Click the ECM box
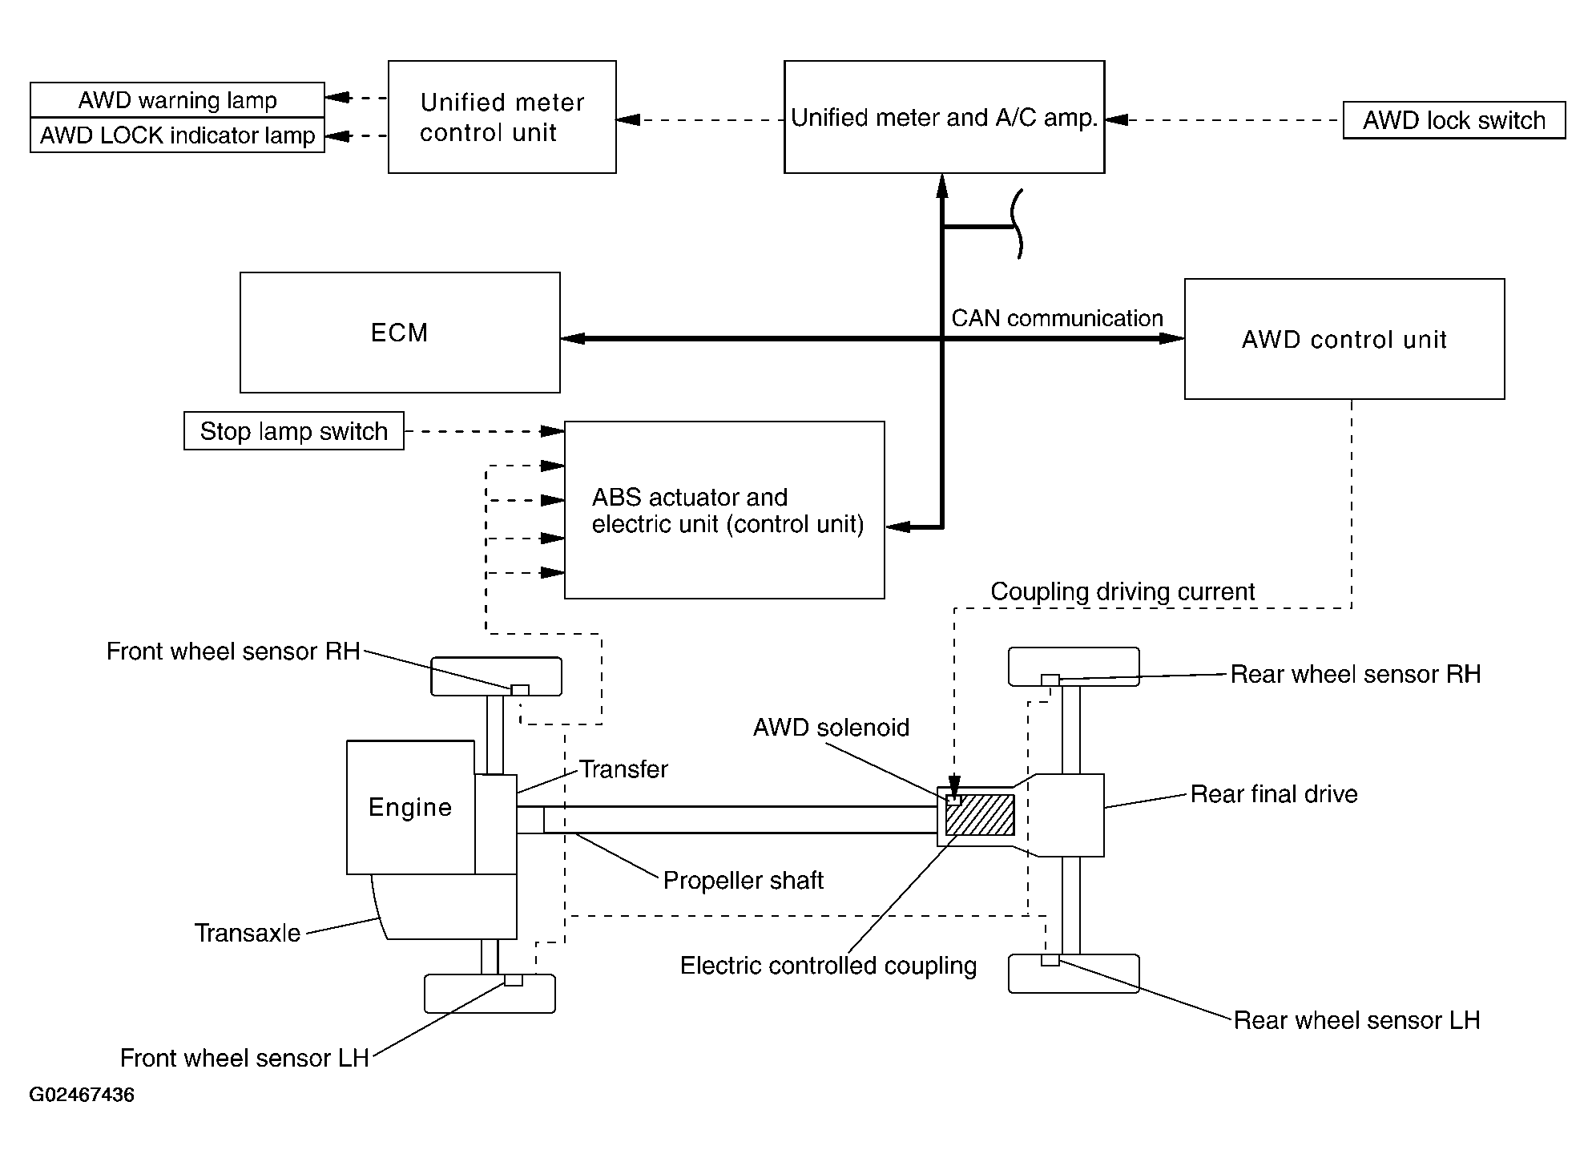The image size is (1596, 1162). click(x=400, y=333)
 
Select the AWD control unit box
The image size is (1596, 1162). click(x=1344, y=339)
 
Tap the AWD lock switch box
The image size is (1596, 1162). click(x=1454, y=120)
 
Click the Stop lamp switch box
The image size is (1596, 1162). click(x=294, y=431)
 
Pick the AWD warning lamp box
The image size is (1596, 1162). click(x=177, y=100)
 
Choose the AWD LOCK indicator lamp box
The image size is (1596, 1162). click(x=177, y=135)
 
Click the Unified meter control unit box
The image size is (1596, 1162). click(x=502, y=117)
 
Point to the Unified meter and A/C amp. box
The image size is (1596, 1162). click(x=945, y=117)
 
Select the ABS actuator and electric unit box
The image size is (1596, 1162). click(x=724, y=510)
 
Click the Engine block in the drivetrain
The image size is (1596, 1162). click(x=410, y=807)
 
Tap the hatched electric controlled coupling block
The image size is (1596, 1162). click(x=979, y=815)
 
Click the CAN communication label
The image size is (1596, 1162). click(x=1057, y=318)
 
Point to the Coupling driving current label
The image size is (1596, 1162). click(x=1122, y=591)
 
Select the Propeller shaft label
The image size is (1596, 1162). click(x=744, y=881)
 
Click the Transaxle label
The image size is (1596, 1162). click(x=248, y=933)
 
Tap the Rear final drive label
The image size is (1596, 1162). click(x=1274, y=794)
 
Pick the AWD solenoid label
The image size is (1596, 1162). click(x=832, y=728)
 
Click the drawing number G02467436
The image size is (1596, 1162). click(x=82, y=1095)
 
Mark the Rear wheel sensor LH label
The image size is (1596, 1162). click(x=1357, y=1020)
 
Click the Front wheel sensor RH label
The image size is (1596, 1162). click(x=233, y=652)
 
